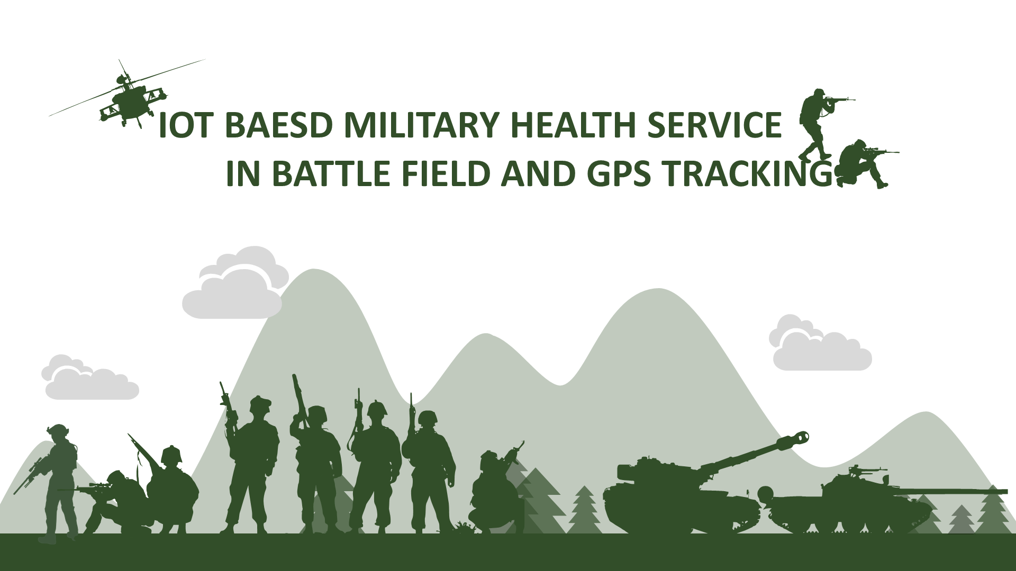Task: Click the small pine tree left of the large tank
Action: tap(585, 510)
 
